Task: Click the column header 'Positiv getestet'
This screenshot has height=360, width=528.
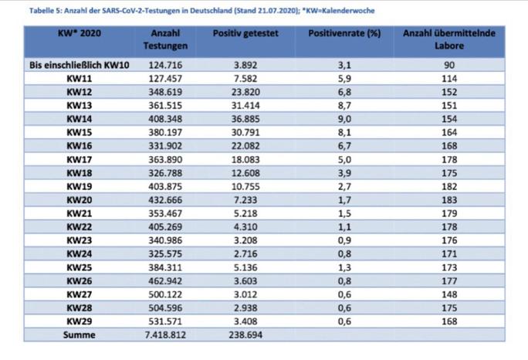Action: coord(245,33)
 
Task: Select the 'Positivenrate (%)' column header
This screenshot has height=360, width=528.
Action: coord(344,33)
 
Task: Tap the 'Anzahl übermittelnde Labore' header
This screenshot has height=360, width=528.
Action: coord(449,39)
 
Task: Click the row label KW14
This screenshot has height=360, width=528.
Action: coord(80,119)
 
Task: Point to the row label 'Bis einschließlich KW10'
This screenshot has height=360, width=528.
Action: coord(80,65)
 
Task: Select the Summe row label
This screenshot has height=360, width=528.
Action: coord(80,335)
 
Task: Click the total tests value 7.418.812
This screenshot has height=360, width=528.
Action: coord(165,335)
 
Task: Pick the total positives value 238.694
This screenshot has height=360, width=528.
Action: coord(245,335)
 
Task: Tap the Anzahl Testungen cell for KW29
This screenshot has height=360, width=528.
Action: coord(165,321)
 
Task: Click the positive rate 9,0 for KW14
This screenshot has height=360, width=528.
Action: coord(344,119)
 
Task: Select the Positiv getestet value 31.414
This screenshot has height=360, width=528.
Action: coord(245,106)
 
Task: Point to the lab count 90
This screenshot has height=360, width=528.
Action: coord(449,65)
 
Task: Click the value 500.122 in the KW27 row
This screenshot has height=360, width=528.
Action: coord(165,294)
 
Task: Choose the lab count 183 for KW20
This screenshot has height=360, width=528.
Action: coord(449,200)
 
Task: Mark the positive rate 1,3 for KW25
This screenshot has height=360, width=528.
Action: coord(344,267)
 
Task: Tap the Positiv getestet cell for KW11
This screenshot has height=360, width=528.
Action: coord(245,79)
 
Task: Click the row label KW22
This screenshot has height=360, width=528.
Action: coord(80,227)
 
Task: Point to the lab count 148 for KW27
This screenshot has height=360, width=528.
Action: coord(449,294)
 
